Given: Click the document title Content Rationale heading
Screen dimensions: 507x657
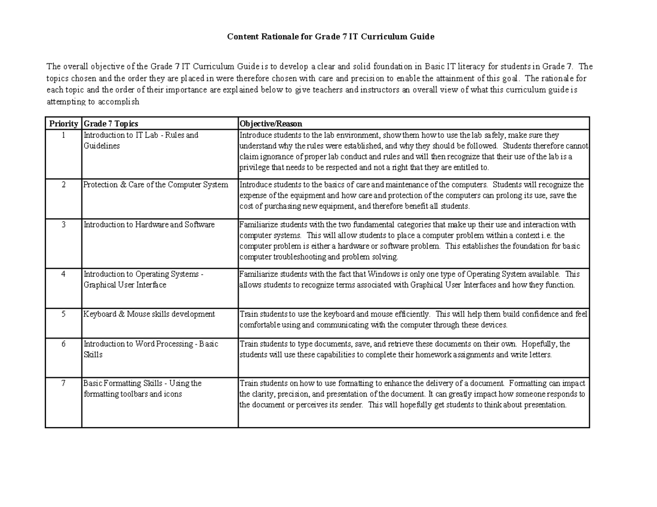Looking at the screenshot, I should [x=331, y=37].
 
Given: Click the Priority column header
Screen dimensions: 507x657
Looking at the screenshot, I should [x=64, y=124].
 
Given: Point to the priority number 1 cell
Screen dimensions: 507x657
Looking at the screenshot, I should [x=64, y=135].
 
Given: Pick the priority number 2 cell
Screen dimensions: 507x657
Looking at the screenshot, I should [x=64, y=185].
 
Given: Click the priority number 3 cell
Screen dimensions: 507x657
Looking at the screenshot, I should [x=64, y=225].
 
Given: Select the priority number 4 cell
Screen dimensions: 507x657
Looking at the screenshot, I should [x=64, y=274].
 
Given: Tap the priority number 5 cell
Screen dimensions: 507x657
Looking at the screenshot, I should [x=64, y=314].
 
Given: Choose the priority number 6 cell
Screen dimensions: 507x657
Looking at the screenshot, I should [x=64, y=344].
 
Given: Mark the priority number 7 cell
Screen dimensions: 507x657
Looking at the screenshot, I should [x=64, y=383].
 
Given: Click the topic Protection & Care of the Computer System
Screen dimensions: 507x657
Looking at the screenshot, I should [x=155, y=185].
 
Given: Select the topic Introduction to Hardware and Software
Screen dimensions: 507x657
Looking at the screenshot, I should [x=149, y=225].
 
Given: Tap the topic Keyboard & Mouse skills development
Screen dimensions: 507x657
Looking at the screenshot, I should [x=149, y=314].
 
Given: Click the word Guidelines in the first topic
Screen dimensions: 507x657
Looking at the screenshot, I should [x=101, y=146].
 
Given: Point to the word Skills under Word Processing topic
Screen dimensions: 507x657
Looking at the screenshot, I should [x=93, y=355].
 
